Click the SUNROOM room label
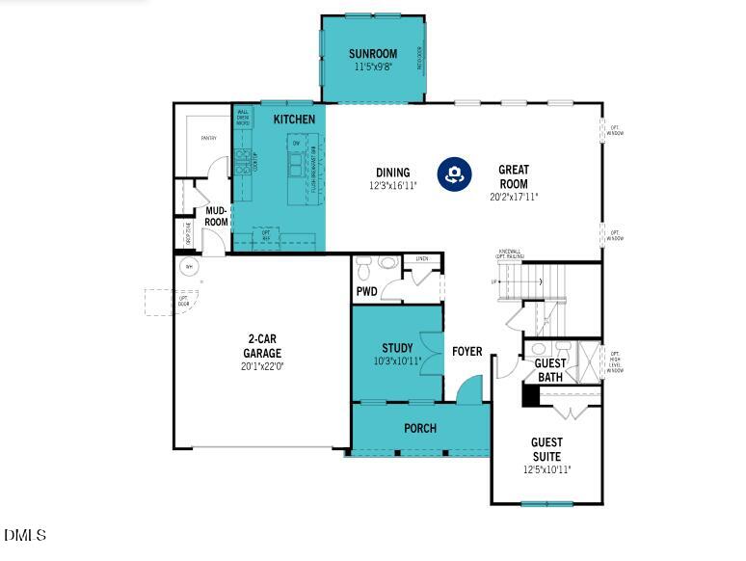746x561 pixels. click(x=372, y=54)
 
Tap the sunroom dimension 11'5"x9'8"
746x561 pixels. click(x=372, y=67)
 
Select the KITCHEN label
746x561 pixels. click(x=294, y=119)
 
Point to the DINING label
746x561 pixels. click(x=392, y=174)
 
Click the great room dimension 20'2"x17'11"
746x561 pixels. click(x=513, y=197)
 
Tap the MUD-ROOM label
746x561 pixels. click(x=217, y=217)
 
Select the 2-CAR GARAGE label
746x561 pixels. click(x=262, y=346)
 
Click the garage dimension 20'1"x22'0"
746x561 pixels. click(x=262, y=366)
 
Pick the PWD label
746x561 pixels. click(x=366, y=290)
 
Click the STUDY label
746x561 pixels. click(x=397, y=348)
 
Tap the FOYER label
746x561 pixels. click(x=467, y=352)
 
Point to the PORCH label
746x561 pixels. click(x=420, y=428)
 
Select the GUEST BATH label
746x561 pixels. click(x=550, y=370)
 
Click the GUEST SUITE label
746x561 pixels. click(x=546, y=449)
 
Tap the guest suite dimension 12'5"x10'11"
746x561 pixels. click(x=546, y=469)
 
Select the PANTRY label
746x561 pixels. click(x=208, y=138)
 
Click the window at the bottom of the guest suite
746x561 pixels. click(x=546, y=503)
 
